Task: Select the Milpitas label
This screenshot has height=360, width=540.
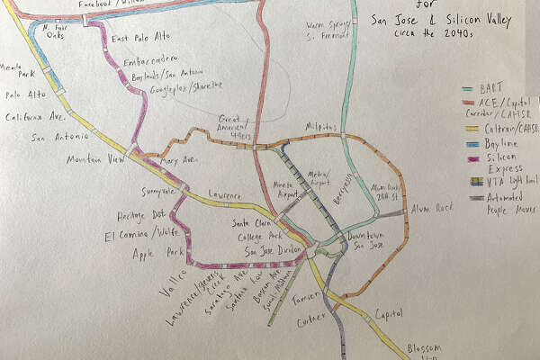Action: [x=321, y=127]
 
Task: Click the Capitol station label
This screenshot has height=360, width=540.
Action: [x=389, y=315]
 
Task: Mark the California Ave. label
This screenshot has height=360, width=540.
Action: [x=36, y=117]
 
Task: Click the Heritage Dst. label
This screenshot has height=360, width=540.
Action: [x=140, y=216]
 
